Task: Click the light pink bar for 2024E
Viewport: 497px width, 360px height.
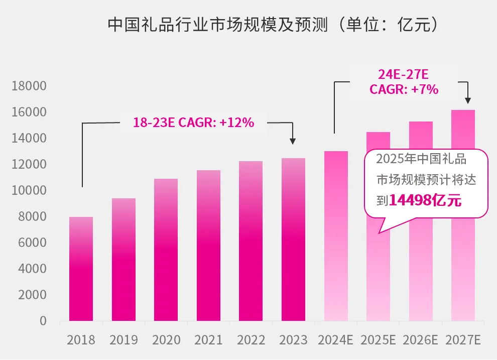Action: [x=336, y=236]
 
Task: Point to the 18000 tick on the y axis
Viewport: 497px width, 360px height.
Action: [x=29, y=86]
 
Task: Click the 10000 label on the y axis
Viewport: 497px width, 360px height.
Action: [x=29, y=191]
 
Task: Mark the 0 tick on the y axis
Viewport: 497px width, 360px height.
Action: [x=43, y=321]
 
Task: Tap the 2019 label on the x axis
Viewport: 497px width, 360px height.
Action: [x=123, y=340]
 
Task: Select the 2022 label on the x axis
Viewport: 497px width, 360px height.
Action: [x=251, y=340]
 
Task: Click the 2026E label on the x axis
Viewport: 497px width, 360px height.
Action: [x=421, y=340]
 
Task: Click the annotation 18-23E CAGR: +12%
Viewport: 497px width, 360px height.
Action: [x=193, y=122]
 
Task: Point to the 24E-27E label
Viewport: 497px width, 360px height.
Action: [x=404, y=75]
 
